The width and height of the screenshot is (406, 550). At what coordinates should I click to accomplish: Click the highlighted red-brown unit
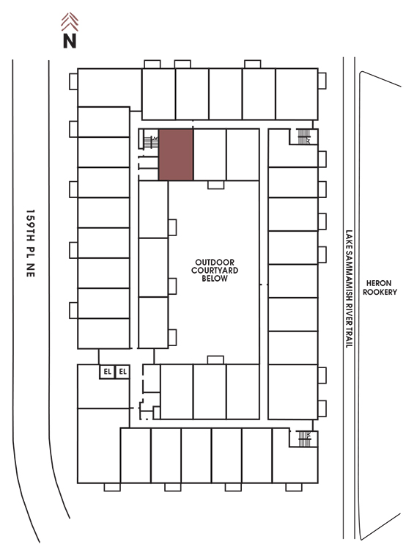(176, 155)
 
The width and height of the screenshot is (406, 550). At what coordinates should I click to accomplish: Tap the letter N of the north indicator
(70, 40)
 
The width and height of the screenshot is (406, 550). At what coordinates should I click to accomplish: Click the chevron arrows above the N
(70, 22)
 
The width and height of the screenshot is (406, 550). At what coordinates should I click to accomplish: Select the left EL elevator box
(107, 372)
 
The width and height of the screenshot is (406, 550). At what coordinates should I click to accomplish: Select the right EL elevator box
(122, 372)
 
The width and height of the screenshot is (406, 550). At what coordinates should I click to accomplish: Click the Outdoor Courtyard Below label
(215, 271)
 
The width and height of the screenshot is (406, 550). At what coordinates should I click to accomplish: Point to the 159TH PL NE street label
(31, 243)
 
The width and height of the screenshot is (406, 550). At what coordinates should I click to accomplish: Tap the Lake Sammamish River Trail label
(349, 289)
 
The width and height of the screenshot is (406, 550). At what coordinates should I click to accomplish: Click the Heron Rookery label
(380, 287)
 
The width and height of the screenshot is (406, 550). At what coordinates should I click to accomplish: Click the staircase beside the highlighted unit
(151, 142)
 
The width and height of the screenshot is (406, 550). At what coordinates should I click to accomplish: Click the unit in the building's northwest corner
(109, 88)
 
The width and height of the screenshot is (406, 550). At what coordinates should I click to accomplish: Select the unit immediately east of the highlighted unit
(210, 155)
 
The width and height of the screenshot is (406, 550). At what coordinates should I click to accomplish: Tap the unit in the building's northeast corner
(297, 94)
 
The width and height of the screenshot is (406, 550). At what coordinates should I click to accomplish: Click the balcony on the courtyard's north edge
(215, 185)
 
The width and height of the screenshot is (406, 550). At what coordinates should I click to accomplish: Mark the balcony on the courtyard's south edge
(215, 360)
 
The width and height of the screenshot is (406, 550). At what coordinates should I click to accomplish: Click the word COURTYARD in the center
(215, 271)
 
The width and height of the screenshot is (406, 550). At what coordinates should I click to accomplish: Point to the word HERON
(379, 283)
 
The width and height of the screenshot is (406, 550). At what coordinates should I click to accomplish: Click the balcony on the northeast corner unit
(322, 81)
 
